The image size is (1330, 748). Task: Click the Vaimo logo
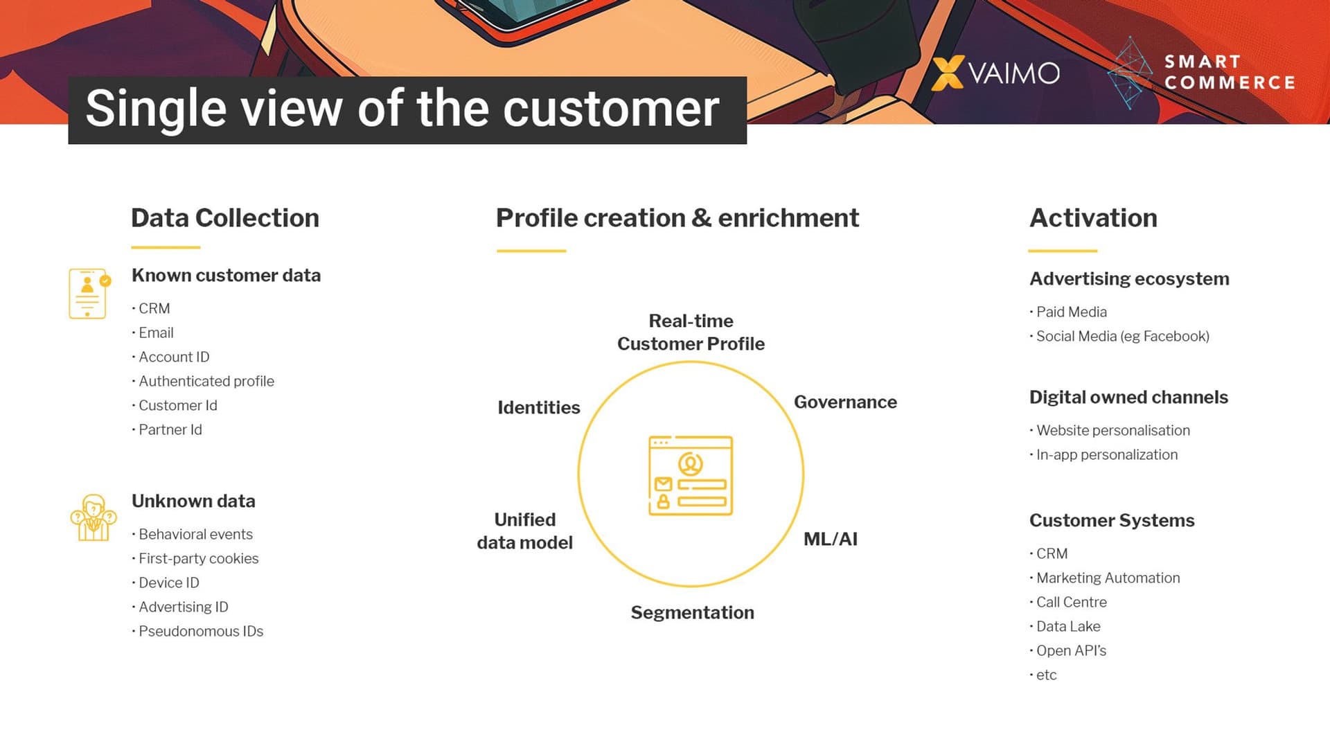pyautogui.click(x=996, y=73)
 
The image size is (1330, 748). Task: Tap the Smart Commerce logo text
pyautogui.click(x=1229, y=72)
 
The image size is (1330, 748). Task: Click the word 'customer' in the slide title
pyautogui.click(x=611, y=109)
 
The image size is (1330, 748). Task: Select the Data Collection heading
pyautogui.click(x=225, y=218)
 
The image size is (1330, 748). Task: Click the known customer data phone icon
pyautogui.click(x=88, y=294)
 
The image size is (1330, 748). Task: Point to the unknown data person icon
pyautogui.click(x=93, y=518)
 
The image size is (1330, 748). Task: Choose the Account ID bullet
pyautogui.click(x=173, y=357)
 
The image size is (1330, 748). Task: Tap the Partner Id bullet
pyautogui.click(x=170, y=429)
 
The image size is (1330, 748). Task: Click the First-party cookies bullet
pyautogui.click(x=198, y=558)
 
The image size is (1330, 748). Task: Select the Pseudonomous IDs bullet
pyautogui.click(x=200, y=631)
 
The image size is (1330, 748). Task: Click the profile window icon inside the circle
pyautogui.click(x=691, y=475)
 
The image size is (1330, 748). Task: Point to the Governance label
pyautogui.click(x=845, y=402)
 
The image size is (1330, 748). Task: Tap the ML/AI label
pyautogui.click(x=830, y=539)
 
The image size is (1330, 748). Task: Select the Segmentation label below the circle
pyautogui.click(x=692, y=612)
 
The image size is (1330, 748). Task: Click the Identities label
pyautogui.click(x=538, y=407)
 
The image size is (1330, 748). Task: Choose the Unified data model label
pyautogui.click(x=524, y=531)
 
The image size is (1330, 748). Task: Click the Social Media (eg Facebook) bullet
pyautogui.click(x=1122, y=336)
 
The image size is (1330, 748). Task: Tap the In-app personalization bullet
pyautogui.click(x=1106, y=454)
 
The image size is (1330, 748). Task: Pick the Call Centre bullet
pyautogui.click(x=1071, y=602)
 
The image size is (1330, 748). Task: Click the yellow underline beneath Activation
pyautogui.click(x=1062, y=251)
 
